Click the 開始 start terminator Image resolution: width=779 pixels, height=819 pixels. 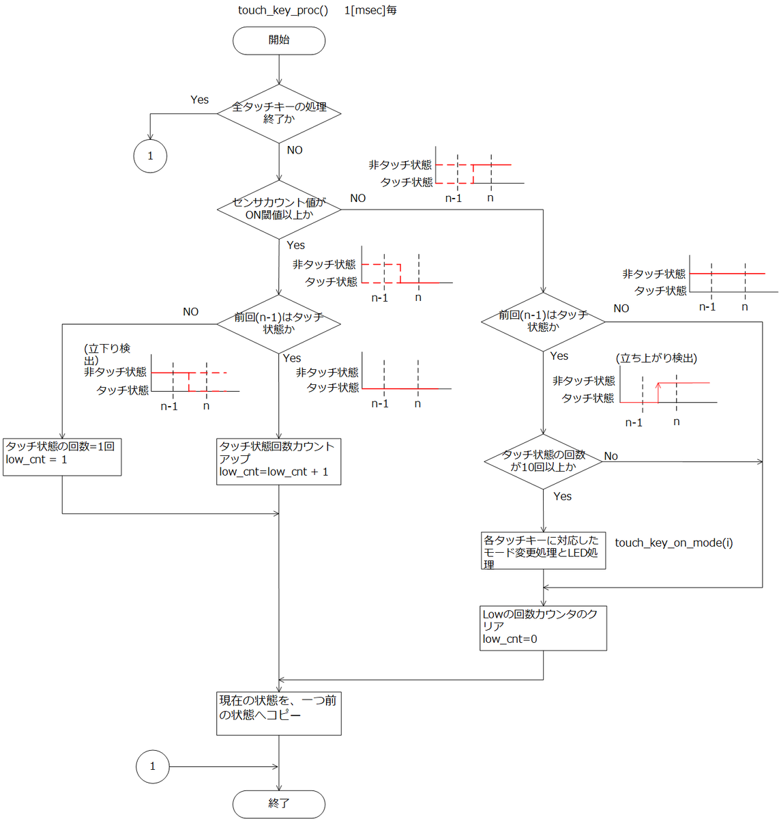click(278, 40)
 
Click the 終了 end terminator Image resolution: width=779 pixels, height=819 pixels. click(278, 803)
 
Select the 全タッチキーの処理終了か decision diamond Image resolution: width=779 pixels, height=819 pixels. click(278, 113)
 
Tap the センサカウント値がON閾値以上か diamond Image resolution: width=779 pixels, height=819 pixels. click(278, 209)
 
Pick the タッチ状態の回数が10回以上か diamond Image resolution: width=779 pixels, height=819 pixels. click(543, 461)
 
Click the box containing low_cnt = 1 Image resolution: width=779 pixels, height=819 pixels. click(62, 457)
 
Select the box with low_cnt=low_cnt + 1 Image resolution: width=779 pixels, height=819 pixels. click(278, 461)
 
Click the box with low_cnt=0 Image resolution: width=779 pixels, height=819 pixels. click(543, 628)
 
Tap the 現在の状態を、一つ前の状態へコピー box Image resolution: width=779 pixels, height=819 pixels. click(278, 713)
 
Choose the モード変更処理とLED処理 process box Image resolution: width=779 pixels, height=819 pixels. click(543, 550)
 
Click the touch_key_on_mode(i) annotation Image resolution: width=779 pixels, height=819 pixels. click(674, 543)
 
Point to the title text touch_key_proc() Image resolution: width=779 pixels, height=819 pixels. click(282, 10)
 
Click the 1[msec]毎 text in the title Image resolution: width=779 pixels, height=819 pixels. click(370, 10)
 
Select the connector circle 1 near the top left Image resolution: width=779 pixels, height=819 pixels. click(150, 156)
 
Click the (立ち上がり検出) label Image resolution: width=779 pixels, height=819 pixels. click(656, 358)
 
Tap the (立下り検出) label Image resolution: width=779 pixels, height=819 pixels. click(107, 354)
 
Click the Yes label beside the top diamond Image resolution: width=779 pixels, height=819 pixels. click(199, 100)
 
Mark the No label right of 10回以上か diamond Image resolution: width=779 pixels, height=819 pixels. click(611, 456)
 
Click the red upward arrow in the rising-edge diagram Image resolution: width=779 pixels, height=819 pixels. click(658, 392)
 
